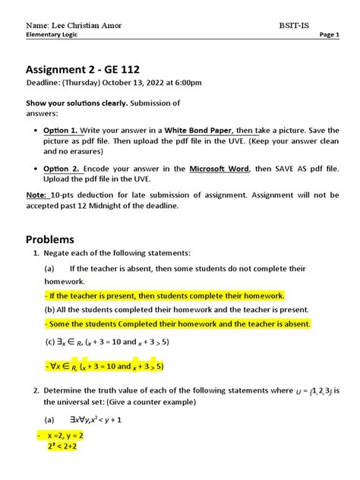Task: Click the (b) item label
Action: (x=49, y=309)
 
